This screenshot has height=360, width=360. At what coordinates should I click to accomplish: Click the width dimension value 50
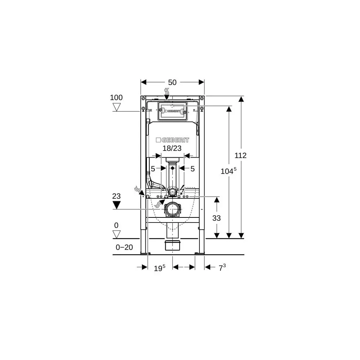tap(172, 82)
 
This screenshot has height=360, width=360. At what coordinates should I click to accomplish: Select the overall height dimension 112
tap(240, 156)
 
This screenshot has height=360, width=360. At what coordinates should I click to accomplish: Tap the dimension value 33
tap(216, 218)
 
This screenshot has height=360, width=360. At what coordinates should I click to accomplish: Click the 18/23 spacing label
tap(172, 148)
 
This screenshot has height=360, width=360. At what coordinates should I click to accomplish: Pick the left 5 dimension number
tap(153, 168)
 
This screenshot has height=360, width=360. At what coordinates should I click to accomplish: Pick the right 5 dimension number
tap(193, 168)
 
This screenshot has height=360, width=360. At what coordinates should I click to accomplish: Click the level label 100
tap(116, 98)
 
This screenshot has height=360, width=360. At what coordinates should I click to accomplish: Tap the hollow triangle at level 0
tap(116, 234)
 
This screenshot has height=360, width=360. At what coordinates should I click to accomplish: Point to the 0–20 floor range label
tap(124, 247)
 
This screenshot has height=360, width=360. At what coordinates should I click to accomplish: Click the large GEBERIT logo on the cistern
tap(172, 140)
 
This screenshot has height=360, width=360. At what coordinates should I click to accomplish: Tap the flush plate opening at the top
tap(172, 111)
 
